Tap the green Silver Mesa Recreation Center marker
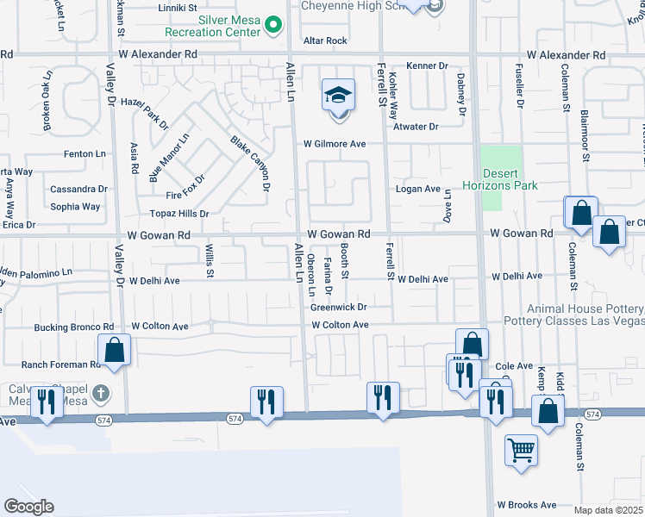(x=274, y=25)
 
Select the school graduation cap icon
(x=338, y=95)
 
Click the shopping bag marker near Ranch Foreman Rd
(x=114, y=350)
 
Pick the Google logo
(x=28, y=507)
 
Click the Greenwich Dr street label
(x=339, y=307)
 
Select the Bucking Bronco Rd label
(x=74, y=327)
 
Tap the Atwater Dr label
(x=416, y=127)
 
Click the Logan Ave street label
(x=418, y=189)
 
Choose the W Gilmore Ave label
(x=334, y=144)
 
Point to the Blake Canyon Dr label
(x=251, y=163)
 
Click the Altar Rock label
(x=325, y=40)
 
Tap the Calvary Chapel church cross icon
(x=101, y=395)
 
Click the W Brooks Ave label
(x=527, y=505)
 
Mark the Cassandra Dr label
(x=78, y=189)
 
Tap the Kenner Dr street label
(x=428, y=65)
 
